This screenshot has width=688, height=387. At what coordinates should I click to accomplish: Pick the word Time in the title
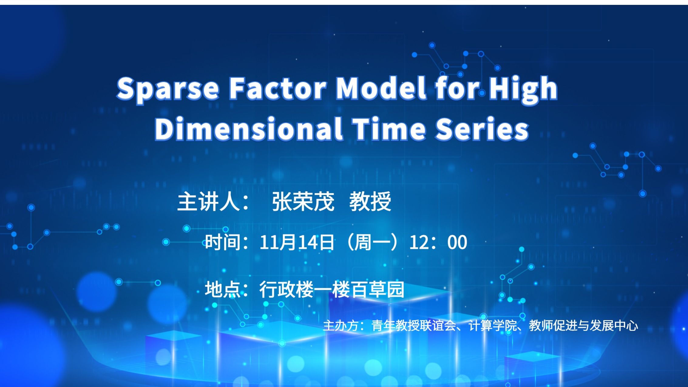coord(390,129)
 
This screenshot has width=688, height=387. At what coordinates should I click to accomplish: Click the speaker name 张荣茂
coord(303,201)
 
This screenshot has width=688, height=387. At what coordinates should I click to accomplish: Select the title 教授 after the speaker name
coord(370,201)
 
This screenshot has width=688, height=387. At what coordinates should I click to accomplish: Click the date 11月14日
coord(297,242)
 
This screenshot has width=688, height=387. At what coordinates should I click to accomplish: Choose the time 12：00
coord(438,242)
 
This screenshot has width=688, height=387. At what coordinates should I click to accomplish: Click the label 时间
coord(223,242)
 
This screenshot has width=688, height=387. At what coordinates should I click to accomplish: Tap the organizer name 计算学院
coord(493,326)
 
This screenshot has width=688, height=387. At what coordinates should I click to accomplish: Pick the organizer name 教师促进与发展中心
coord(583,326)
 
